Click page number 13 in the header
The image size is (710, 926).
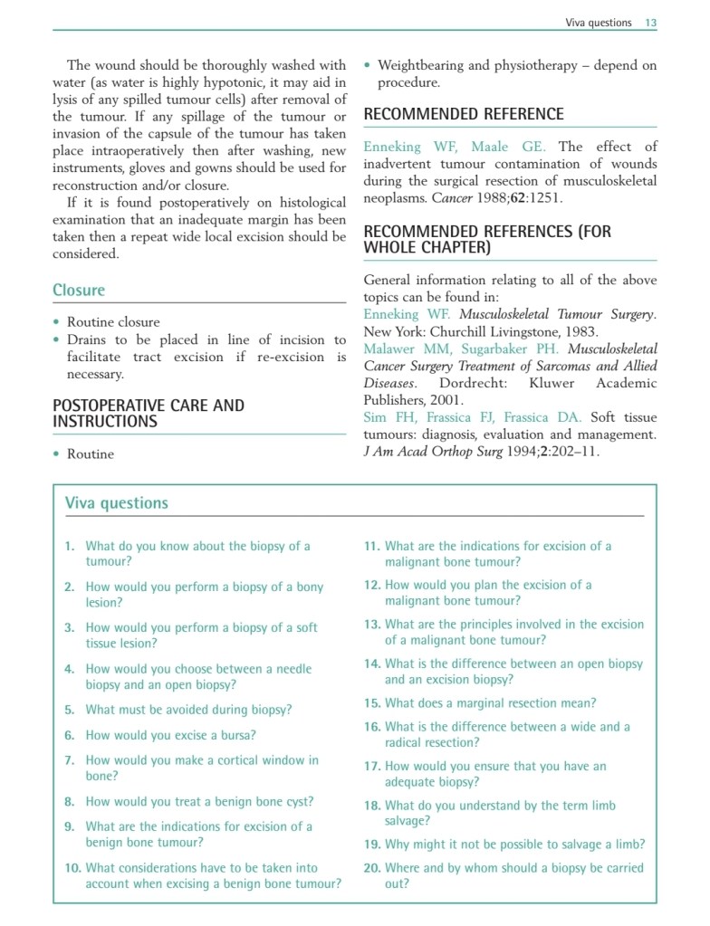[x=650, y=23]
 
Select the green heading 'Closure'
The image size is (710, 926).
[x=79, y=291]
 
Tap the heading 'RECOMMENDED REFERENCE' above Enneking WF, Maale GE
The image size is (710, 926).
[x=463, y=114]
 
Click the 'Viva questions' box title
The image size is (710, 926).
[x=117, y=503]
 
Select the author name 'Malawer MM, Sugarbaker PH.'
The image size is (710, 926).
[x=461, y=348]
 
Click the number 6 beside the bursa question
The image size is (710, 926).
[x=70, y=736]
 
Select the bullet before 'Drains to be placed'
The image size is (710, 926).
[x=57, y=340]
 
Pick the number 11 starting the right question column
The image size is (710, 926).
[x=372, y=546]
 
